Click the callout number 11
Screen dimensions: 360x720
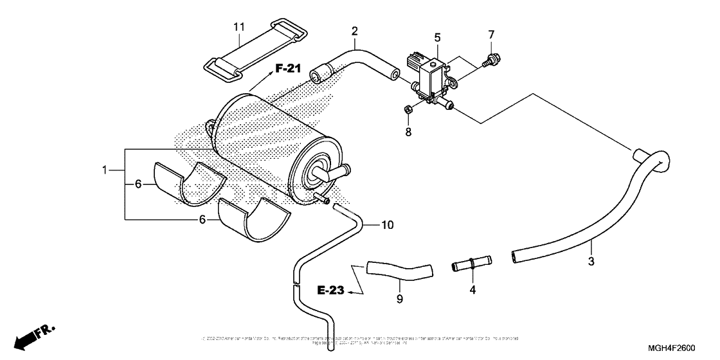[239, 27]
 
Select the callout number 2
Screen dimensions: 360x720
[354, 31]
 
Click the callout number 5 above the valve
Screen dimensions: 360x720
[437, 37]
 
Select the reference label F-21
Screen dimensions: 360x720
[284, 69]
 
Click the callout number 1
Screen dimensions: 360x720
[104, 171]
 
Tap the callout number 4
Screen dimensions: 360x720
[473, 290]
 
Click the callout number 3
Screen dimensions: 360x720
[591, 261]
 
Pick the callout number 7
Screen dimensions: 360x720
[491, 33]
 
